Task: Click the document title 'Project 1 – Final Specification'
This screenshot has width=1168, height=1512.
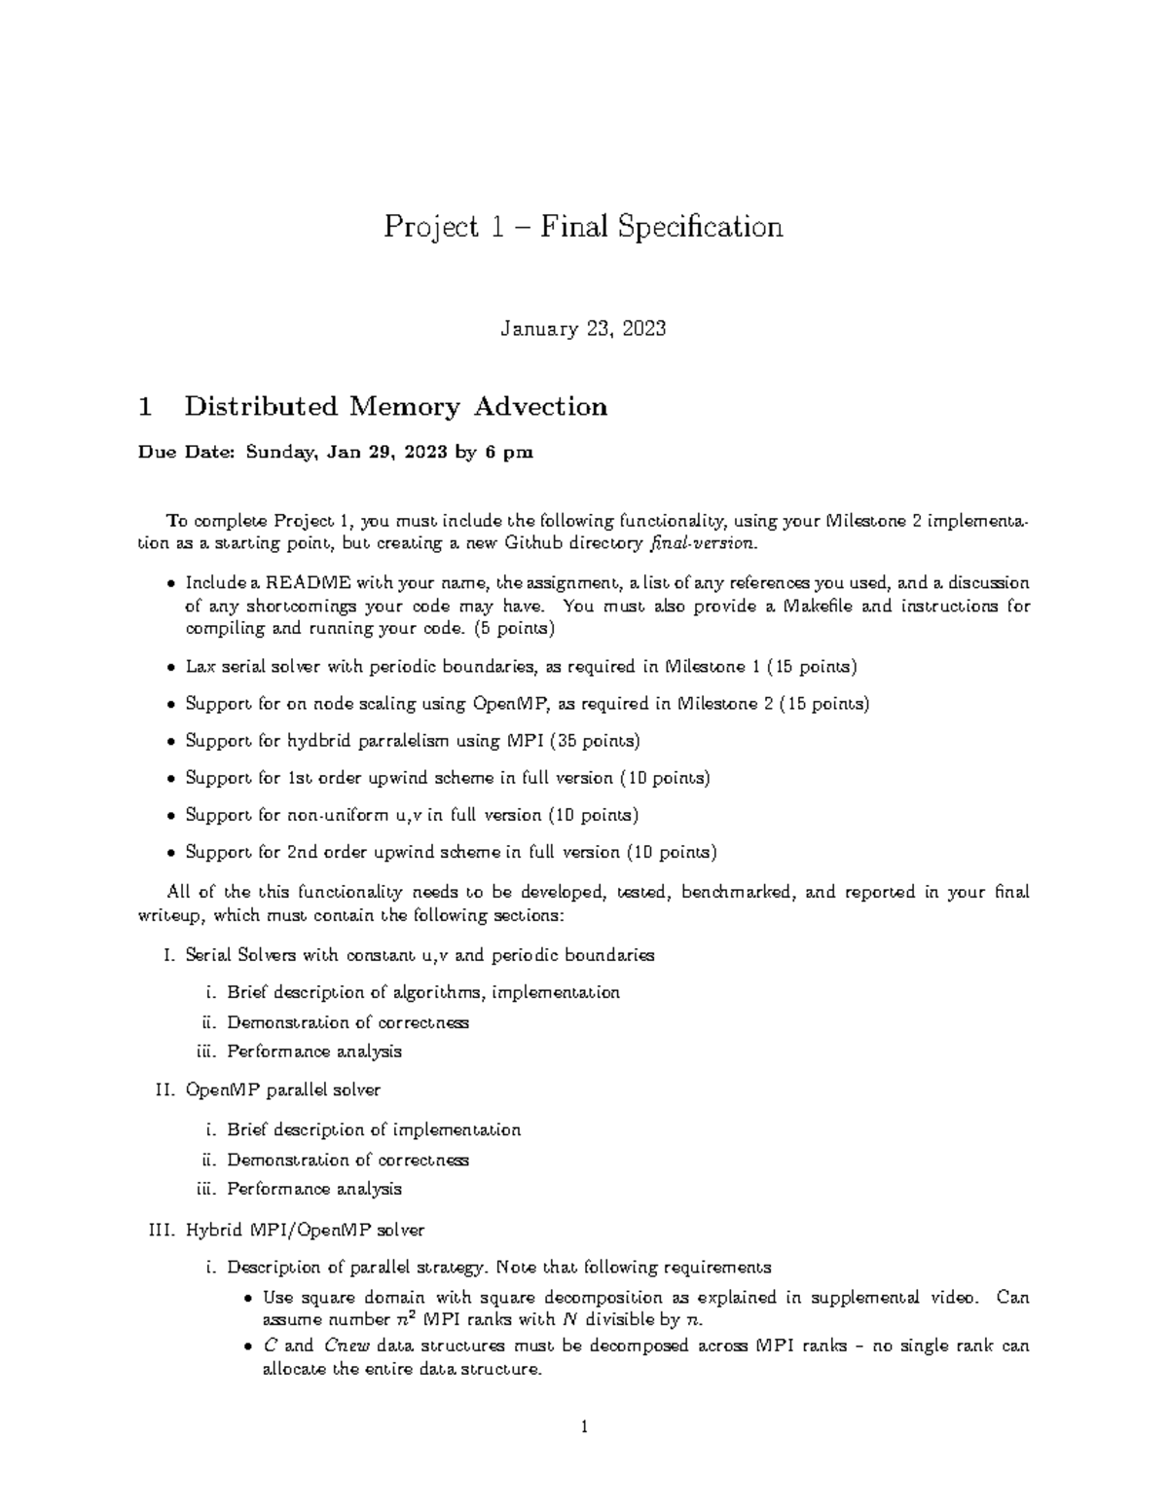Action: [x=583, y=227]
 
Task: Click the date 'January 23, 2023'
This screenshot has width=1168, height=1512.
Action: [x=583, y=329]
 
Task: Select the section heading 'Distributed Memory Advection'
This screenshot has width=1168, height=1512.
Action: [x=395, y=407]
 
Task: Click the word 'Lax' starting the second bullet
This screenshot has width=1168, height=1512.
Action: [x=201, y=667]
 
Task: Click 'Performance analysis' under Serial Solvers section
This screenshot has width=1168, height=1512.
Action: [x=313, y=1051]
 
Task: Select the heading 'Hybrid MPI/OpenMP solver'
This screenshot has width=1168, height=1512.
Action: [x=305, y=1230]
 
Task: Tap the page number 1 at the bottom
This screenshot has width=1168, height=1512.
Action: [x=583, y=1428]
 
